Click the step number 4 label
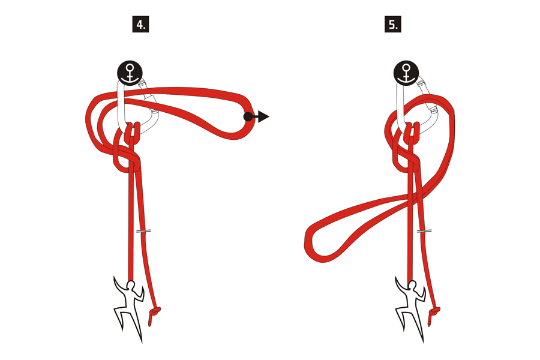click(x=140, y=25)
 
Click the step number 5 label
click(x=392, y=25)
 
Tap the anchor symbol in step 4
click(x=130, y=73)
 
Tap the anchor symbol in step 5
click(x=406, y=73)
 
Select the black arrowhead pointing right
click(x=263, y=116)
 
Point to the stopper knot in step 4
click(x=155, y=312)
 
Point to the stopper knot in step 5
click(x=435, y=312)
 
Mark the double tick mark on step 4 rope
click(x=144, y=230)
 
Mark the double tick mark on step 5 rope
click(x=425, y=230)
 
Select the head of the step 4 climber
click(x=131, y=285)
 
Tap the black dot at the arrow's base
click(x=248, y=116)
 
